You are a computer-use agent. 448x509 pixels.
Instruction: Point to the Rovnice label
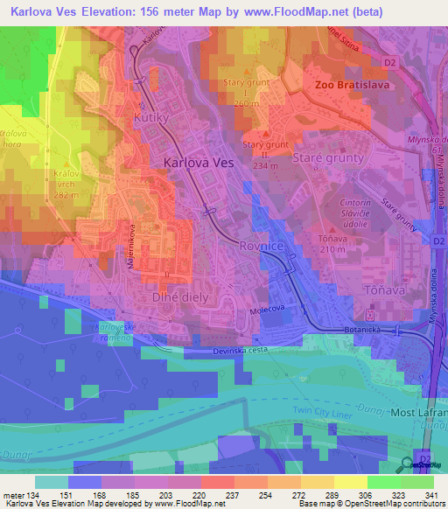pyautogui.click(x=260, y=247)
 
